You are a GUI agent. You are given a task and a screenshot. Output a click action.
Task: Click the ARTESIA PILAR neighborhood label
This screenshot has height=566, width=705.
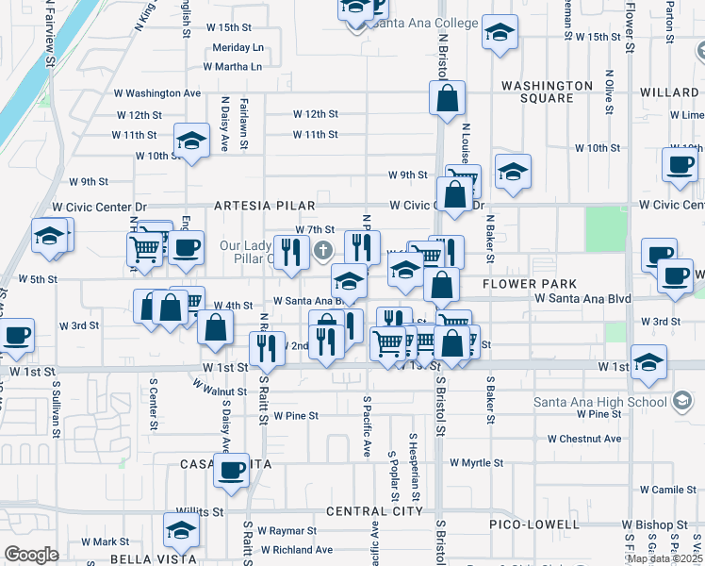[264, 205]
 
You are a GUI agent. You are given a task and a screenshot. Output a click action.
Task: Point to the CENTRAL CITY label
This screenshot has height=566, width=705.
[374, 511]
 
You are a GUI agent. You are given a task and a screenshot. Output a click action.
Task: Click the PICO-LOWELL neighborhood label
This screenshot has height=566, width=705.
[533, 524]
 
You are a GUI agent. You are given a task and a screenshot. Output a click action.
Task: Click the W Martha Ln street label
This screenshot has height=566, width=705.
[232, 66]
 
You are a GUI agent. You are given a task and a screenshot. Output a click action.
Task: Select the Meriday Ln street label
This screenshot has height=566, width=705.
[238, 47]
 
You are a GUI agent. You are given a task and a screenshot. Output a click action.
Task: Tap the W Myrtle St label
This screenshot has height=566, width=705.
[477, 463]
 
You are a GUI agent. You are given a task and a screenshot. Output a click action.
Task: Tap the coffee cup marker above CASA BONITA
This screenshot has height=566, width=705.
[231, 470]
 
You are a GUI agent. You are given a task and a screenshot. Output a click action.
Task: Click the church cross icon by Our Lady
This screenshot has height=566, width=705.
[323, 250]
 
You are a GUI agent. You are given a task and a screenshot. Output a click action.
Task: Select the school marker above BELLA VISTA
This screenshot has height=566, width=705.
[181, 529]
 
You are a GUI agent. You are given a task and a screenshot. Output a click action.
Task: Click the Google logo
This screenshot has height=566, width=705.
[31, 554]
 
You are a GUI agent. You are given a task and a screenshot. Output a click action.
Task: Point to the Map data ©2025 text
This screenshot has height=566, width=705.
[664, 558]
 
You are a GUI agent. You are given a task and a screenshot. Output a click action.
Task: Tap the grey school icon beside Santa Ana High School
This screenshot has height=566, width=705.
[680, 402]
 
